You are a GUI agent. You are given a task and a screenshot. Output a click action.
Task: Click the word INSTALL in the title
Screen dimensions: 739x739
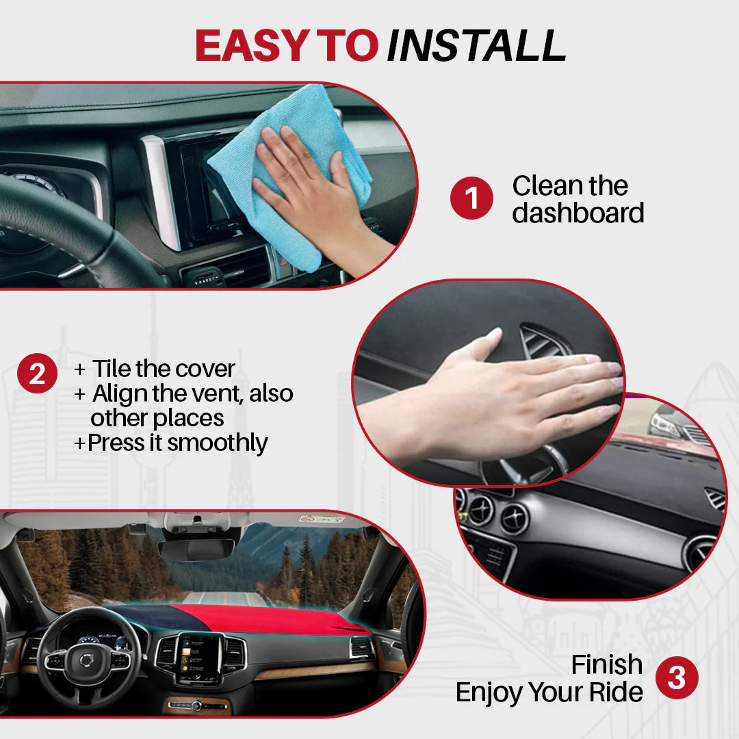[476, 46]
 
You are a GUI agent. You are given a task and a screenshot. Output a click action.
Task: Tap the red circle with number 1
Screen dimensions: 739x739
[471, 198]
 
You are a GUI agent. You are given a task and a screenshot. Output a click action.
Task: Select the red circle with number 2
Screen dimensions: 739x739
[37, 374]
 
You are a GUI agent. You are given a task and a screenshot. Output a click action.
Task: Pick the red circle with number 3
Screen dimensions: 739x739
[677, 678]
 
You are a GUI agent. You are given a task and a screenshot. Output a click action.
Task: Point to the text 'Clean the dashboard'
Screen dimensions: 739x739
[578, 199]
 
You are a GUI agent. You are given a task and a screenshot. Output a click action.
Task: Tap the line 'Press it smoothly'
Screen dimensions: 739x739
[177, 443]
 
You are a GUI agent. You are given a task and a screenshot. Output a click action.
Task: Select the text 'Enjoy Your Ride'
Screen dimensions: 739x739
[549, 692]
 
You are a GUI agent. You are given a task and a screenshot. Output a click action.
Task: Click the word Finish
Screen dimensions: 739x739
[606, 664]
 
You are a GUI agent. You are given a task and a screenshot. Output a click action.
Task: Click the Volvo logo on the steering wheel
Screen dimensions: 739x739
[87, 660]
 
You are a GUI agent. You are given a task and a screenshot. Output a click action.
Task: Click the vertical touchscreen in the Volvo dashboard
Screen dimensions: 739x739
[199, 658]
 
